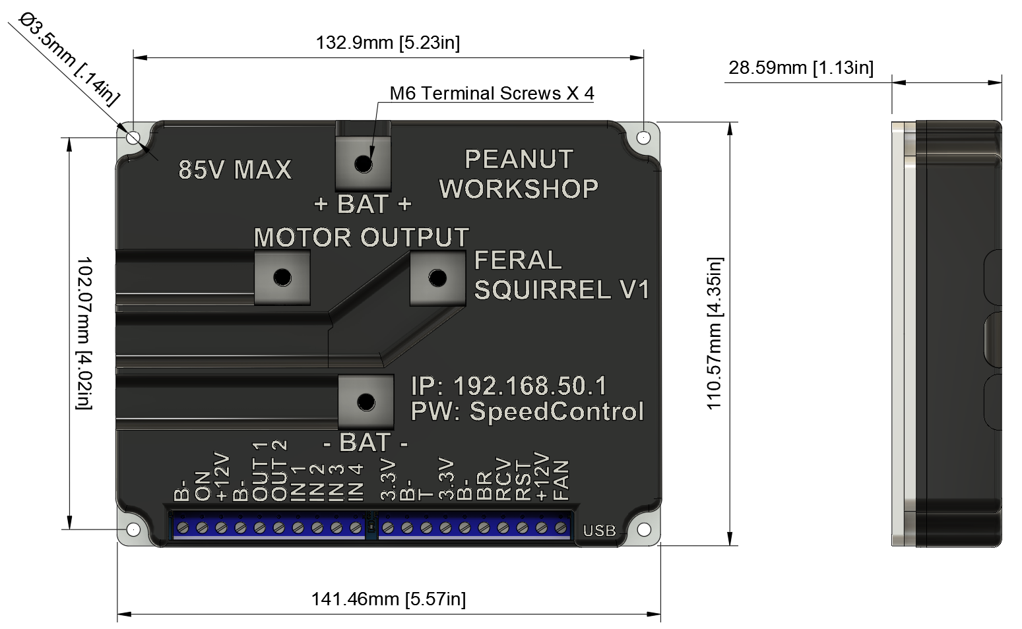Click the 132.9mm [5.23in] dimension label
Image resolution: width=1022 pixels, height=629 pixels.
(x=388, y=43)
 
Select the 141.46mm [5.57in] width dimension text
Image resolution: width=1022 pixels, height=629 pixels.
(x=388, y=599)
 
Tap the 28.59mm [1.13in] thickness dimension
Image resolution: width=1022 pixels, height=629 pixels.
(x=801, y=68)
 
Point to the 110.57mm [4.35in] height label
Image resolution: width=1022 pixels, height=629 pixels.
(x=715, y=334)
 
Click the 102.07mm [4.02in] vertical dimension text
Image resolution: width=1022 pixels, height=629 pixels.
(x=84, y=333)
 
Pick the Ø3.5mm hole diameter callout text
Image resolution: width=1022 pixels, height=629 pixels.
(x=69, y=60)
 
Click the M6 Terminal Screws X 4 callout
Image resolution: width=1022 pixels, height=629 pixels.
(x=492, y=94)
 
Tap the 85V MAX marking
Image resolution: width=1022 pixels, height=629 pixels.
(x=234, y=170)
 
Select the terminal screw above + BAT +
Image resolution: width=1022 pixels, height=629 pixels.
(x=363, y=164)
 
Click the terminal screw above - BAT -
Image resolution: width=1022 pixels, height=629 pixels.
(x=366, y=402)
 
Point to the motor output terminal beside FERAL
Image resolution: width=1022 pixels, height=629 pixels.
(x=437, y=278)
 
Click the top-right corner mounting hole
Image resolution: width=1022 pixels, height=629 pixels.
(x=643, y=137)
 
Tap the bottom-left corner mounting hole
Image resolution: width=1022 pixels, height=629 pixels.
(x=133, y=529)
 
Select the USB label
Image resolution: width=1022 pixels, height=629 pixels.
(x=599, y=531)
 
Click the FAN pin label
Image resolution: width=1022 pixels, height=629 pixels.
(x=561, y=480)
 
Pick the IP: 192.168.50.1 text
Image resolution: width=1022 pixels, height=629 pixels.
(x=509, y=386)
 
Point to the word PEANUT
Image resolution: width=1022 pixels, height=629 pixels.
(x=519, y=160)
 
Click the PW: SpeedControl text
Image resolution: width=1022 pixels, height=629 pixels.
(x=527, y=411)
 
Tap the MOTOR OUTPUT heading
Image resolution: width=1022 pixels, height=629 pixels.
(x=362, y=237)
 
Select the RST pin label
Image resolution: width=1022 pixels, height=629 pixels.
(x=523, y=481)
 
